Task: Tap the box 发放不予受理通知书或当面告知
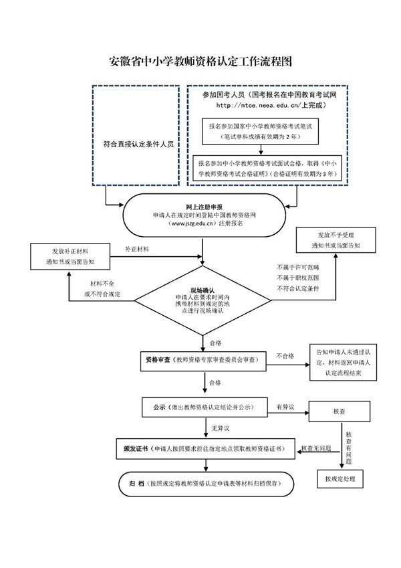(334, 240)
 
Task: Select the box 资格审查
(204, 359)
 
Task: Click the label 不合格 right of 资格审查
(285, 357)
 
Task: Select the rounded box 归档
(204, 482)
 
